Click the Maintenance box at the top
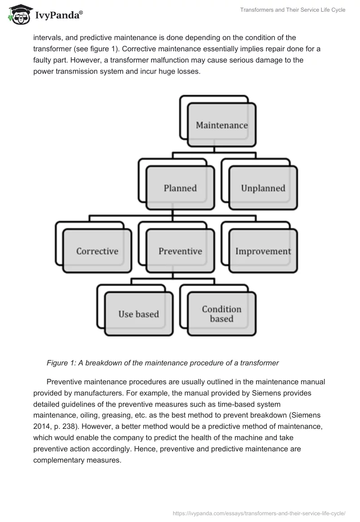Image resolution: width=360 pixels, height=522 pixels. tap(221, 125)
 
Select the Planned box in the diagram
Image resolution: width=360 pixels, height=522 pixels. tap(180, 188)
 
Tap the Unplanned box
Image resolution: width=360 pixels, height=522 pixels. tap(263, 188)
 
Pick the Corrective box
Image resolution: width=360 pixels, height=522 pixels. tap(97, 251)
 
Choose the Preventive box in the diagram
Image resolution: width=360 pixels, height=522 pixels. tap(180, 251)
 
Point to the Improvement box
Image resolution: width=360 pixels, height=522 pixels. tap(263, 251)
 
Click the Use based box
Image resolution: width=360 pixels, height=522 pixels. tap(139, 314)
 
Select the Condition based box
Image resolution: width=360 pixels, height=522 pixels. tap(221, 314)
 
